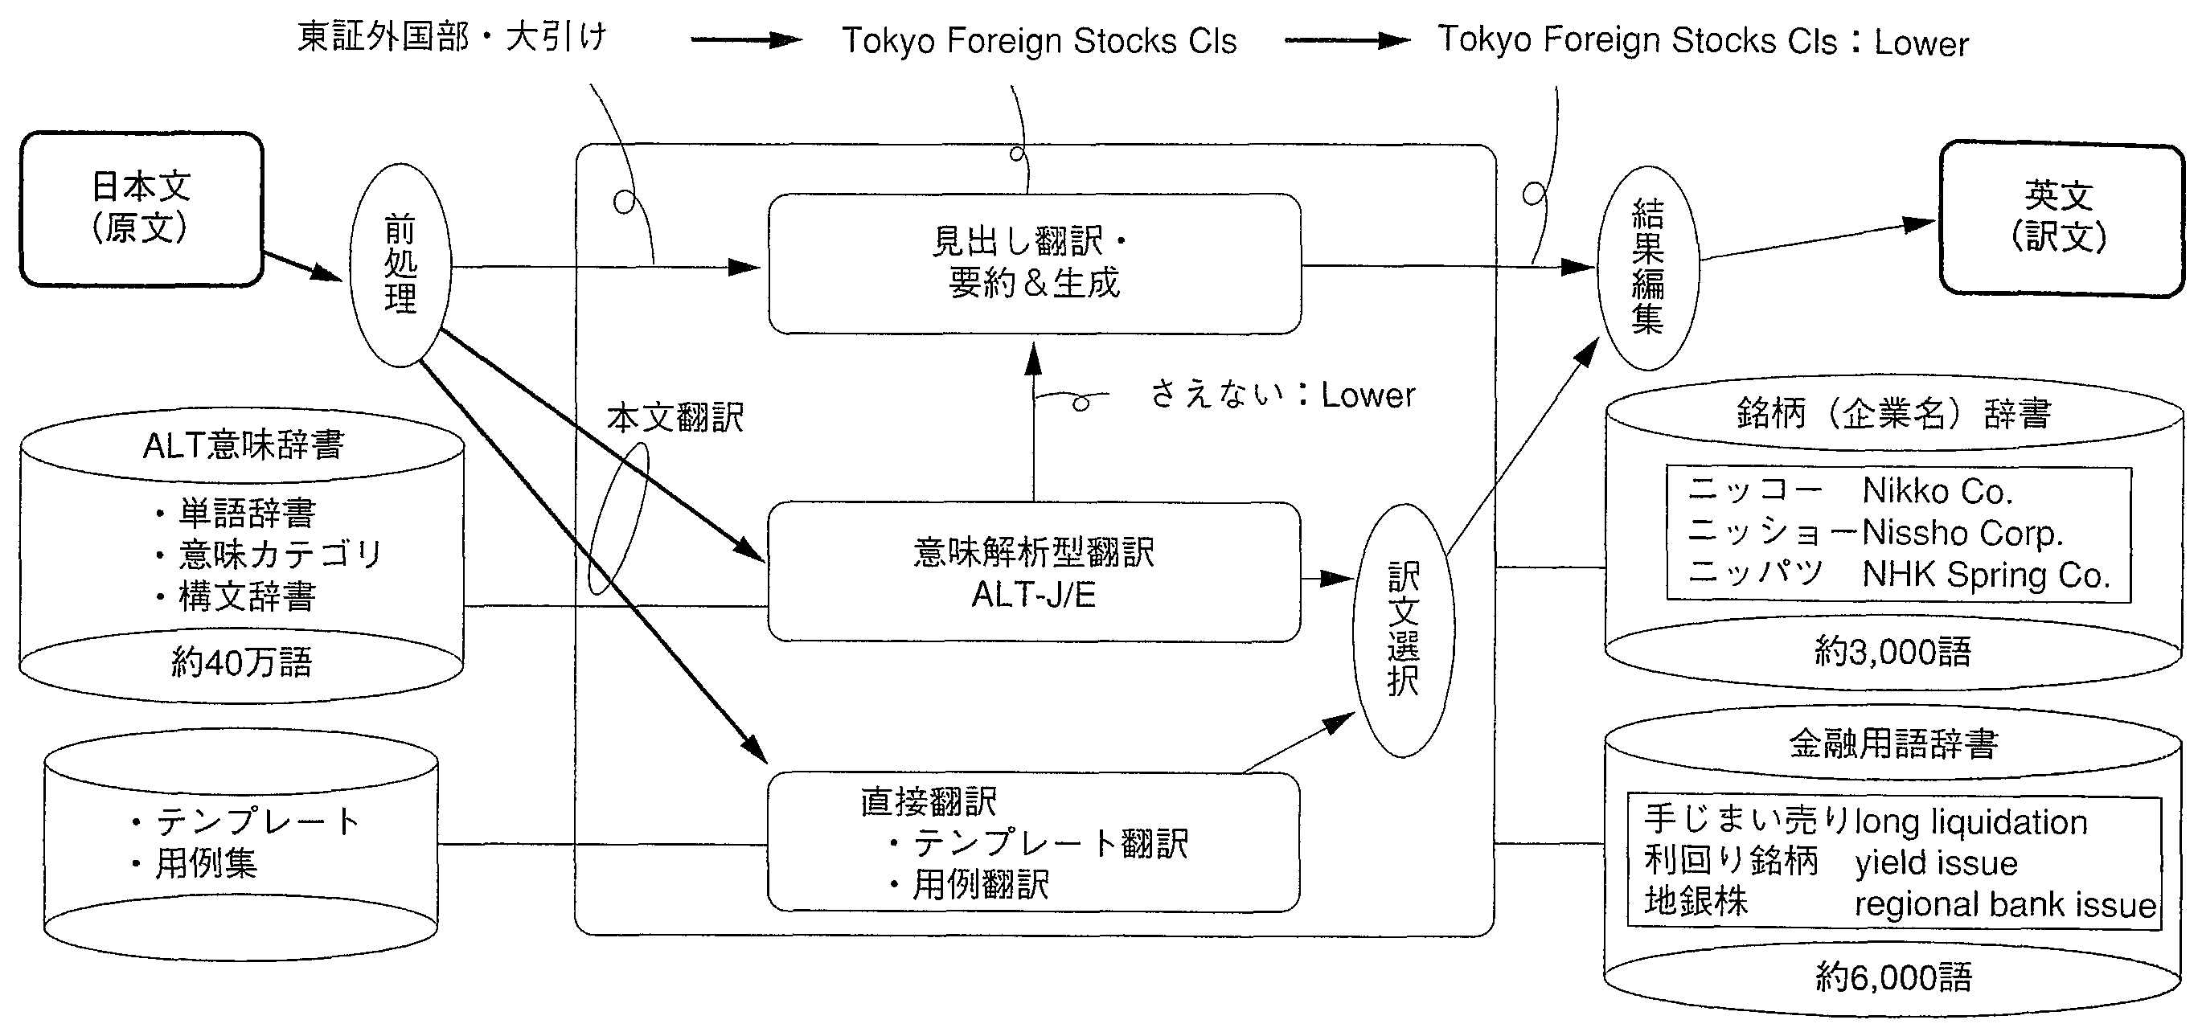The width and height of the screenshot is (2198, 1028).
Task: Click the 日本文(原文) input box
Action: point(141,209)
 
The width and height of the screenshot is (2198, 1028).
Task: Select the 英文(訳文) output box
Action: point(2060,219)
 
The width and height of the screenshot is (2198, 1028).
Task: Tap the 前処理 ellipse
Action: point(400,265)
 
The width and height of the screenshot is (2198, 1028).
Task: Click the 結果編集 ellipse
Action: point(1646,268)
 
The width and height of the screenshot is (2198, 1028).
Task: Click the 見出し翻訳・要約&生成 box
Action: point(1034,264)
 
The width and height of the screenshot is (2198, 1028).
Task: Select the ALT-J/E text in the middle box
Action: point(1033,595)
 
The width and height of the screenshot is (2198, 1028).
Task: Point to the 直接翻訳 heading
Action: point(929,802)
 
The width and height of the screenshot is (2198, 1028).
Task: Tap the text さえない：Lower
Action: point(1282,395)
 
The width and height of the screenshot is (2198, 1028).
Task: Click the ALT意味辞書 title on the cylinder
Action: point(243,445)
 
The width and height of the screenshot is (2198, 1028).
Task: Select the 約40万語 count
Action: point(242,662)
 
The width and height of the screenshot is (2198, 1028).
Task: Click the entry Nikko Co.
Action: point(1938,491)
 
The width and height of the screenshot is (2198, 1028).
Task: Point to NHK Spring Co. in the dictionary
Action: point(1986,575)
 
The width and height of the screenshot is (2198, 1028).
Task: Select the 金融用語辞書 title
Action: point(1893,745)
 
